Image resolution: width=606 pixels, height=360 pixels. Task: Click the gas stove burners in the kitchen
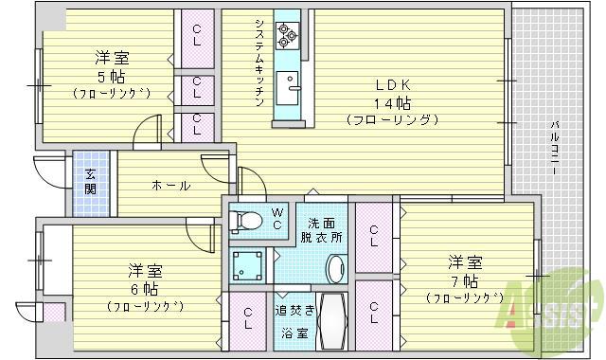[287, 36]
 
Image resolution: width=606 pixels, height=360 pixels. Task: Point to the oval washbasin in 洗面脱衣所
[335, 268]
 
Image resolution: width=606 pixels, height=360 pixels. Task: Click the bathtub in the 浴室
[330, 323]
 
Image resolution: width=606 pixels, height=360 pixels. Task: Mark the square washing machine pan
[248, 266]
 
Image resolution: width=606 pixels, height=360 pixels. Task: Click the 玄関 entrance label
[90, 181]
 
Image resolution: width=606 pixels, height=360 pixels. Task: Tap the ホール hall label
[170, 185]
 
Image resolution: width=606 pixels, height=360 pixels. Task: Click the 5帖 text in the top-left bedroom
[111, 76]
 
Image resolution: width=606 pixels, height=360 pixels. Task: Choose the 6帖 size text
[138, 288]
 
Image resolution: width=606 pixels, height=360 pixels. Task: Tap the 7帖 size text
[464, 281]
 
